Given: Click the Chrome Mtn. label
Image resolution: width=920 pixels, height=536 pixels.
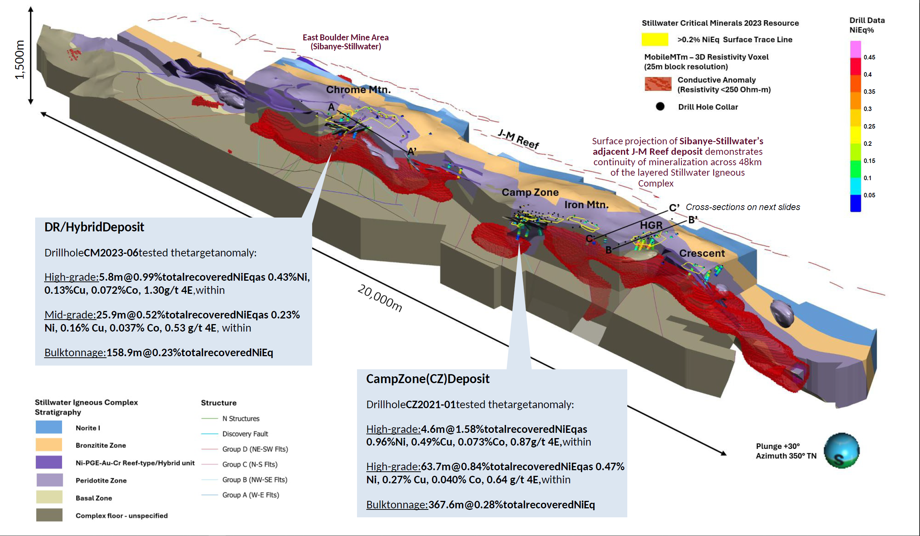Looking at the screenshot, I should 358,90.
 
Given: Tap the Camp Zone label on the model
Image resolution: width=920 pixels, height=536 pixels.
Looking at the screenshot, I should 530,192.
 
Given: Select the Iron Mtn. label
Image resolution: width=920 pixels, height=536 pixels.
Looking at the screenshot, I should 586,205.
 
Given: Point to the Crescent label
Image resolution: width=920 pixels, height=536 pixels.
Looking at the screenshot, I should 702,253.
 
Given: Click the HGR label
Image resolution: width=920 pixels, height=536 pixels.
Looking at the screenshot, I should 651,225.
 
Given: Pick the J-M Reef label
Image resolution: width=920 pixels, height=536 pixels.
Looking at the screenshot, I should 518,139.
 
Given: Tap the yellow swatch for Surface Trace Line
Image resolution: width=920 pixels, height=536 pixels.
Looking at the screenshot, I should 655,40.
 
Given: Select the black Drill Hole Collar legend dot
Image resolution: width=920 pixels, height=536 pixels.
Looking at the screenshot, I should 660,107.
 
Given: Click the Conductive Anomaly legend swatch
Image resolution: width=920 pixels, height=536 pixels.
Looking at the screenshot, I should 658,84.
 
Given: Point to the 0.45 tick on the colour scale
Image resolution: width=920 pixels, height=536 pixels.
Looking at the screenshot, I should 869,57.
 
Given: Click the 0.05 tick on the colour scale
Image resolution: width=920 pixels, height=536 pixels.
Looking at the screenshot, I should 869,195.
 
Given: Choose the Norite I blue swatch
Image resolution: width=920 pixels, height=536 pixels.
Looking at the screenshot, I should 49,427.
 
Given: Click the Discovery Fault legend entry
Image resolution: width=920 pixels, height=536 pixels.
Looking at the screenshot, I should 245,434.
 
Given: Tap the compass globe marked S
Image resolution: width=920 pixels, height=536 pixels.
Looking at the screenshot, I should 841,451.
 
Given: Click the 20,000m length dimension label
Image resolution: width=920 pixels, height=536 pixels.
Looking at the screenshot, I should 380,298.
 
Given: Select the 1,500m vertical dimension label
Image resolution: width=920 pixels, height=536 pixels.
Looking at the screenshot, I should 19,60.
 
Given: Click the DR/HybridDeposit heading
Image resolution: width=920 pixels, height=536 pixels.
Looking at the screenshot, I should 94,227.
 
